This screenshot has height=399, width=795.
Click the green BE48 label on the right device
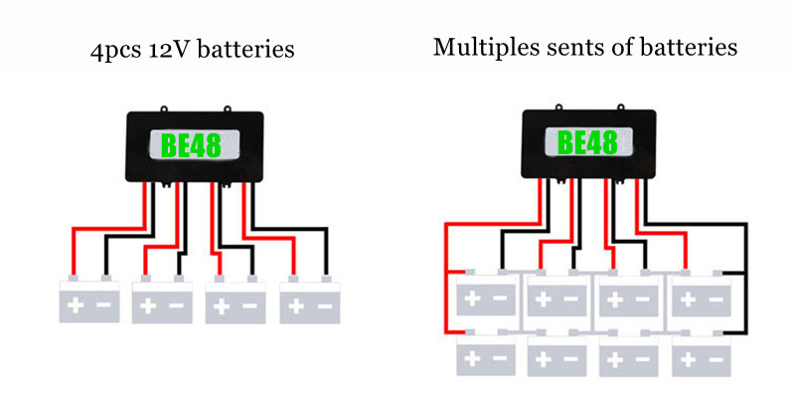click(x=588, y=141)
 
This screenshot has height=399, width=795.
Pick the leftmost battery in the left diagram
click(x=88, y=300)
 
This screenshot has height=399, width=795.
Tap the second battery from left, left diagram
click(x=162, y=300)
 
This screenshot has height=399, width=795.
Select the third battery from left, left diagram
click(x=236, y=300)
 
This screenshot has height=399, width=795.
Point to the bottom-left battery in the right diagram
click(x=486, y=354)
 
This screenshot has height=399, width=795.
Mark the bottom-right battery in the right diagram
click(x=701, y=354)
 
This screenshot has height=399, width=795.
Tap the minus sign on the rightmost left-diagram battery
click(x=324, y=305)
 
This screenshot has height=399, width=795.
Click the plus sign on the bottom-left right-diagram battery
click(x=474, y=357)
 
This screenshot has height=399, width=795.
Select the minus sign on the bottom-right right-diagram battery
click(x=715, y=357)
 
